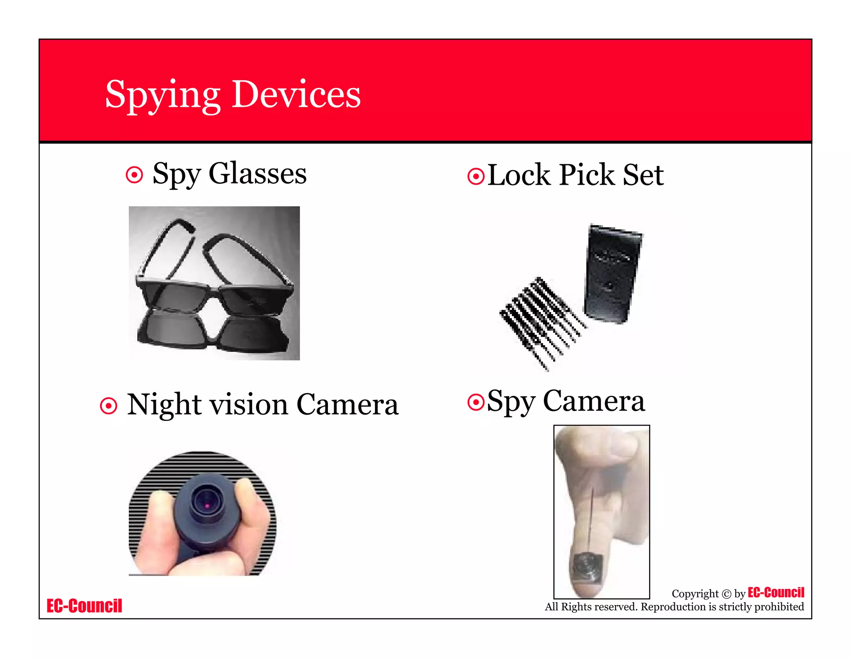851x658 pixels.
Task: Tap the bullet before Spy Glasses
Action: coord(134,175)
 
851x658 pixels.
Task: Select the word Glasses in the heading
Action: coord(257,173)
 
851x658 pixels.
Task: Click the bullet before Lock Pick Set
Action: coord(476,176)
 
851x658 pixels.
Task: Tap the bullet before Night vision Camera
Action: coord(108,406)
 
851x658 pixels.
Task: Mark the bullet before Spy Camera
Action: coord(476,402)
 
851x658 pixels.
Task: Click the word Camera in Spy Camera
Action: coord(594,401)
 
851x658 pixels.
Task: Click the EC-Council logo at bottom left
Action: coord(84,606)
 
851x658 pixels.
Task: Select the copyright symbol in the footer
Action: coord(726,594)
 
